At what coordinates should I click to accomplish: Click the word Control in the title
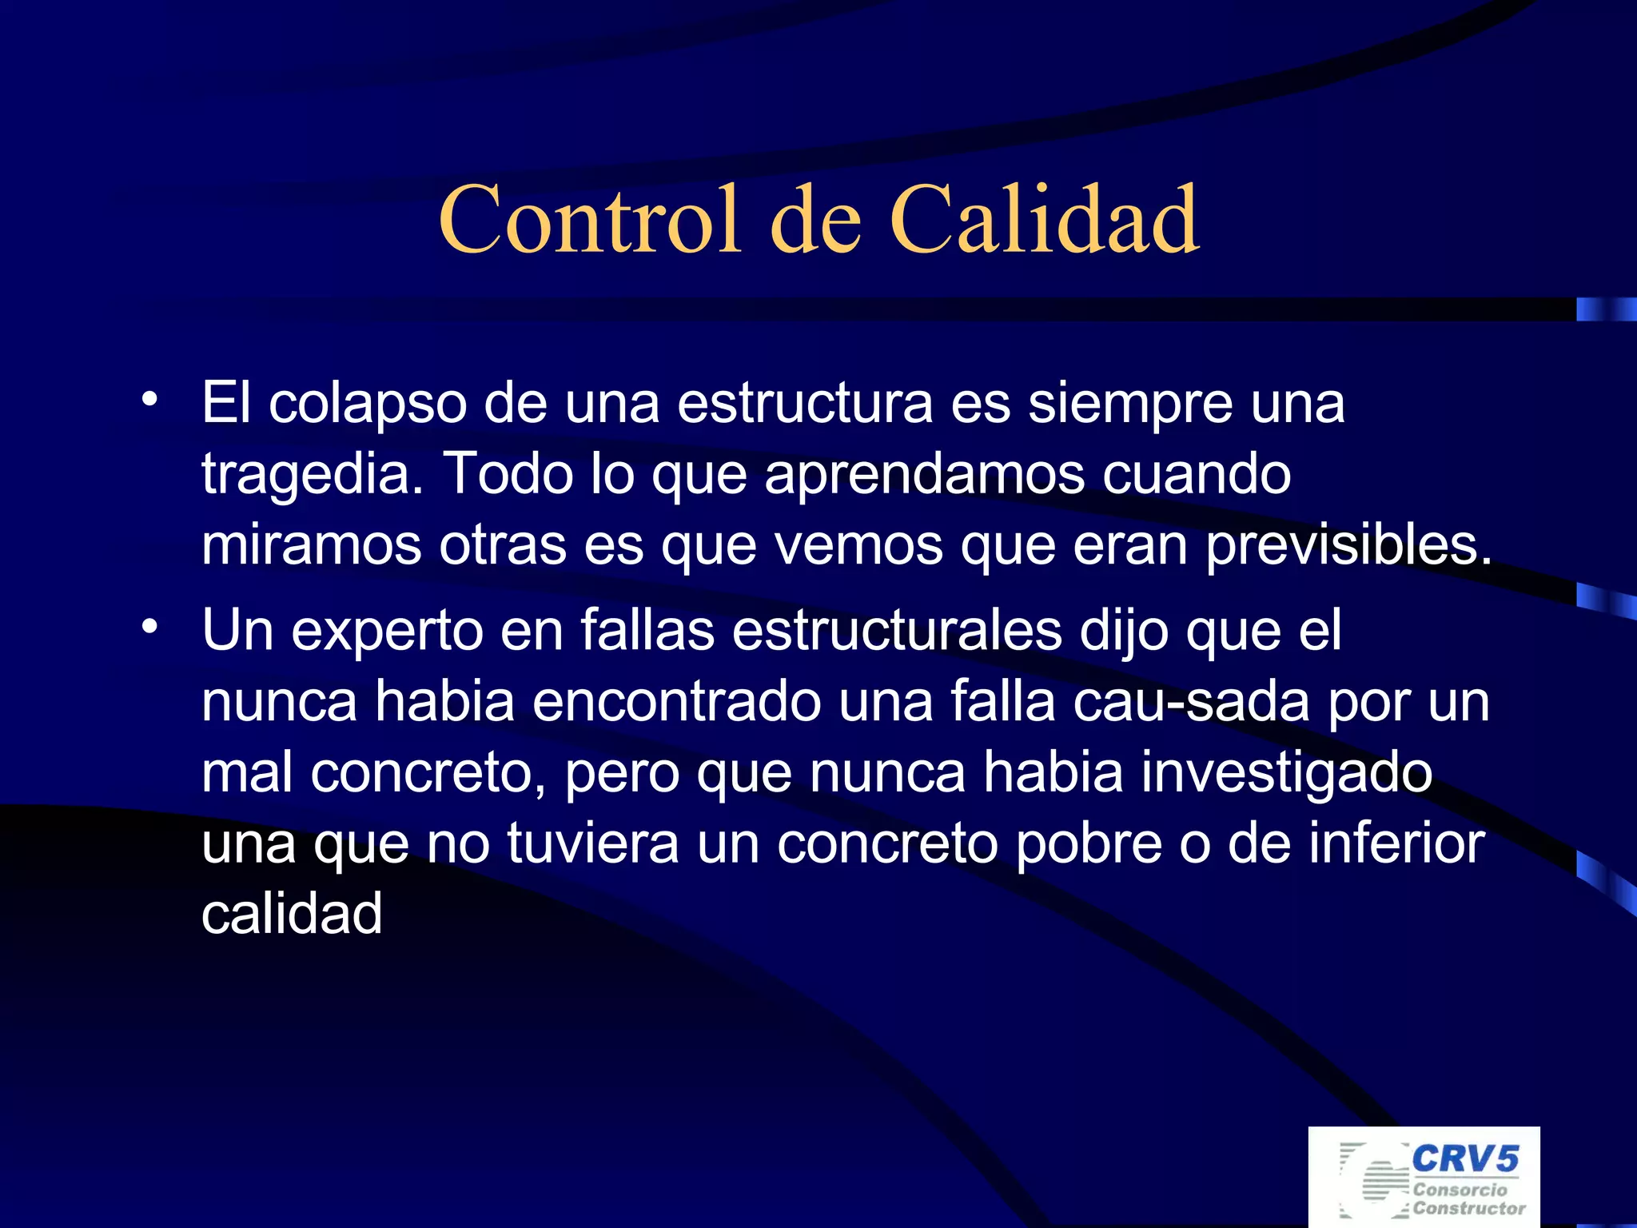click(x=589, y=219)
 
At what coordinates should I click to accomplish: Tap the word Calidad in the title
click(x=1043, y=219)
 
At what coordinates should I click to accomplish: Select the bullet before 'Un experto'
click(x=149, y=627)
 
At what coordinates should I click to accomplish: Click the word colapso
click(x=368, y=404)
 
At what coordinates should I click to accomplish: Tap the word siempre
click(x=1129, y=404)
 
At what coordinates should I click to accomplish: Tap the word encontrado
click(x=676, y=701)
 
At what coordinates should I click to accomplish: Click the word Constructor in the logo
click(x=1469, y=1208)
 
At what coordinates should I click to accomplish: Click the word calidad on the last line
click(x=292, y=914)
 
